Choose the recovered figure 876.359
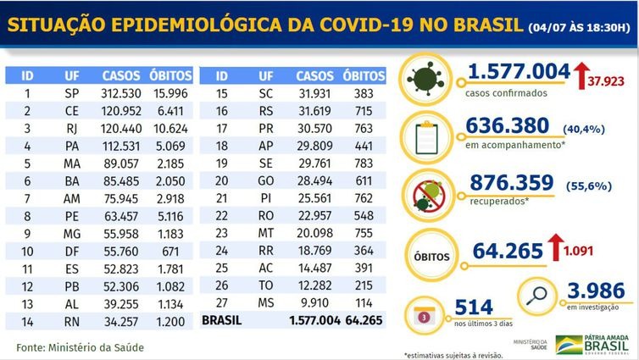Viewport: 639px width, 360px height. pos(509,184)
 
